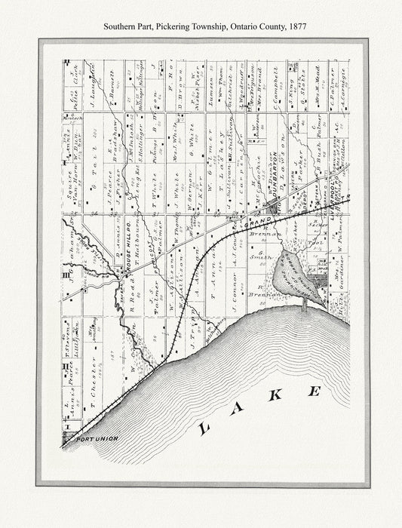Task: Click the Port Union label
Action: (93, 438)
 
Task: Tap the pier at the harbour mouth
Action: (305, 304)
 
